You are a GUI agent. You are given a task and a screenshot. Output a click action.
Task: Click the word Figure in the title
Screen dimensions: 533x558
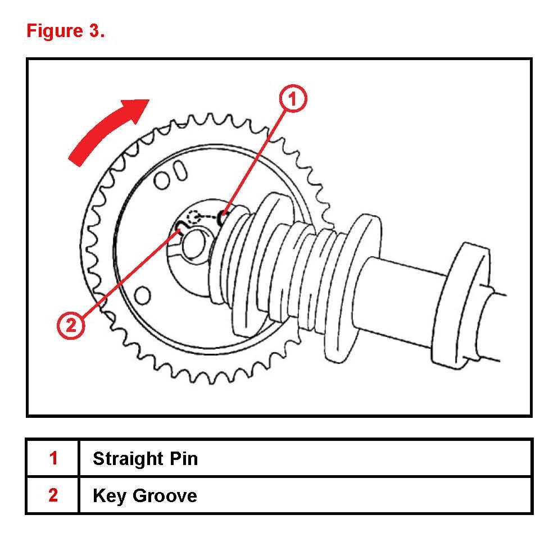(x=52, y=31)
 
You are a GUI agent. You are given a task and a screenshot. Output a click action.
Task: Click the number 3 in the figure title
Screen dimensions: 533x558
(x=94, y=31)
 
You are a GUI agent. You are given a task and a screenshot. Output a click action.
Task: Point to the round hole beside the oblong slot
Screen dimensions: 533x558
(x=162, y=180)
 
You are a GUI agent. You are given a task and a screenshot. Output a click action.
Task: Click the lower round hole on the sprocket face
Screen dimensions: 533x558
(x=143, y=294)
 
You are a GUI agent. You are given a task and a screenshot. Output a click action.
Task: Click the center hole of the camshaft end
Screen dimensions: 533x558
(x=193, y=241)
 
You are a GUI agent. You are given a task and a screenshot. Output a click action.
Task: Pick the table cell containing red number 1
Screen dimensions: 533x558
(x=53, y=458)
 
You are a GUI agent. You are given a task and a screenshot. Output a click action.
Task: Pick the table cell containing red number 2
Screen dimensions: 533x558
(x=53, y=495)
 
